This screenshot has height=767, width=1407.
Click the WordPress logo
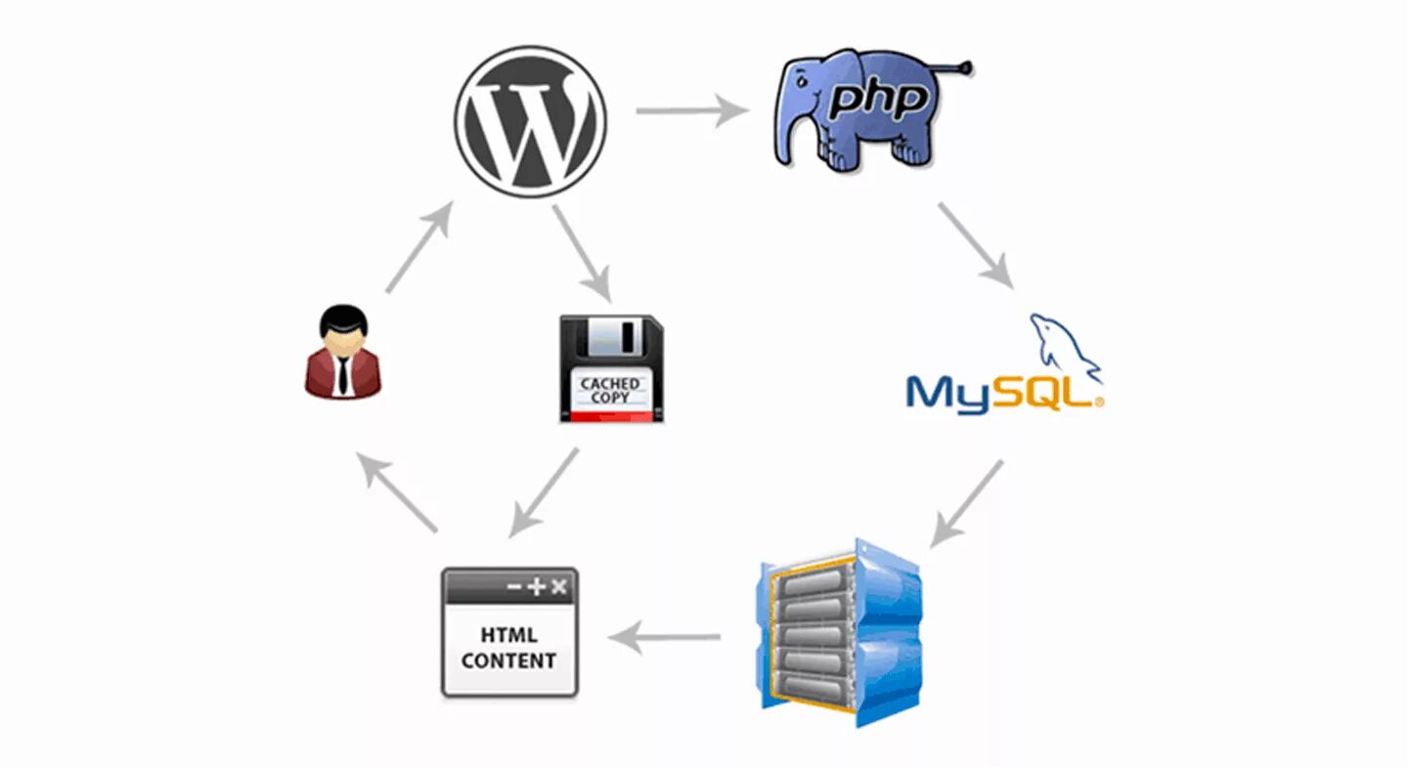point(530,121)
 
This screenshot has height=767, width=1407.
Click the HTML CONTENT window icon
point(509,632)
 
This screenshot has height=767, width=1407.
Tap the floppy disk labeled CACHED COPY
point(611,367)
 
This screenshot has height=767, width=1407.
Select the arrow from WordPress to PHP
point(690,109)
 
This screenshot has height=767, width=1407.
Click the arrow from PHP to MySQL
point(974,244)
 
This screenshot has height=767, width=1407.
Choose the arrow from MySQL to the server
point(966,502)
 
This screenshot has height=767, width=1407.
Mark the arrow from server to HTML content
point(665,639)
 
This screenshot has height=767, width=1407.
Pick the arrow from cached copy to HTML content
point(544,491)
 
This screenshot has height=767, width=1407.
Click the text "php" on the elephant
point(876,101)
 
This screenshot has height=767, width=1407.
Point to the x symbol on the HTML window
point(558,586)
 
